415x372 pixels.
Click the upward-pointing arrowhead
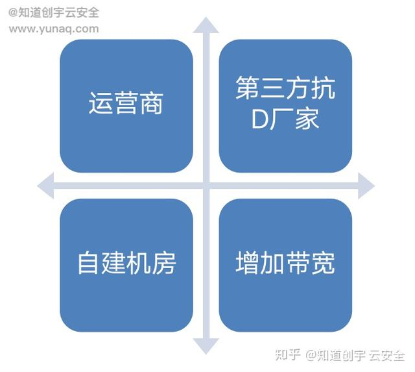(x=206, y=26)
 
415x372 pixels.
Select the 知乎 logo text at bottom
(x=288, y=354)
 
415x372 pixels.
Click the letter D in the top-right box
(x=259, y=120)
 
